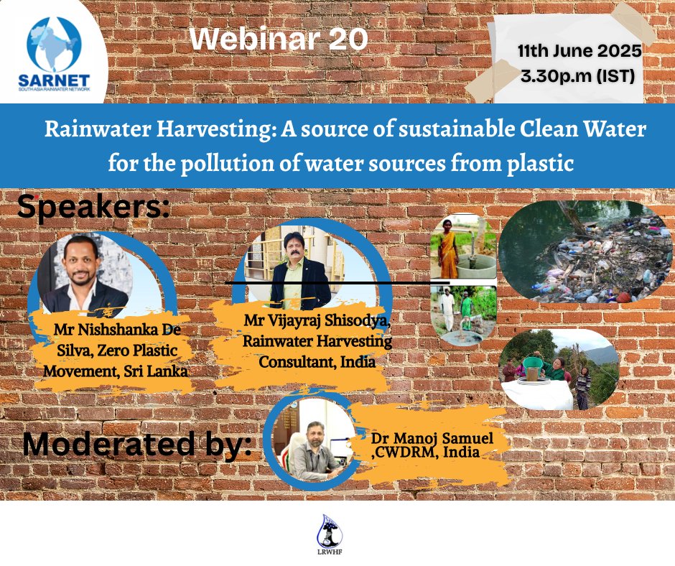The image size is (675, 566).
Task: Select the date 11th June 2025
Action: pos(579,52)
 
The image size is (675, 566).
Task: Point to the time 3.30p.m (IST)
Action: pos(580,75)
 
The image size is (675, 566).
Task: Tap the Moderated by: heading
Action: pos(136,445)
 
